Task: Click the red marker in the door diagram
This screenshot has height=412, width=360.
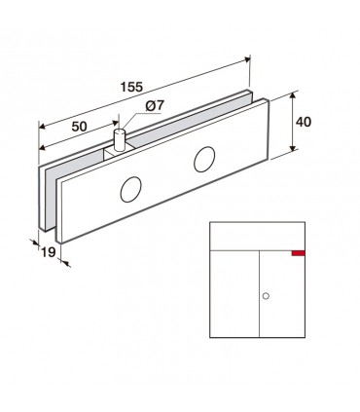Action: tap(298, 253)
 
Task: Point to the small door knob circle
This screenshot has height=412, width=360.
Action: tap(266, 294)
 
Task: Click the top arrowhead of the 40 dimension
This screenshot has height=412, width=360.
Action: tap(293, 97)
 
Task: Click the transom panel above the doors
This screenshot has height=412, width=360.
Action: tap(259, 237)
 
